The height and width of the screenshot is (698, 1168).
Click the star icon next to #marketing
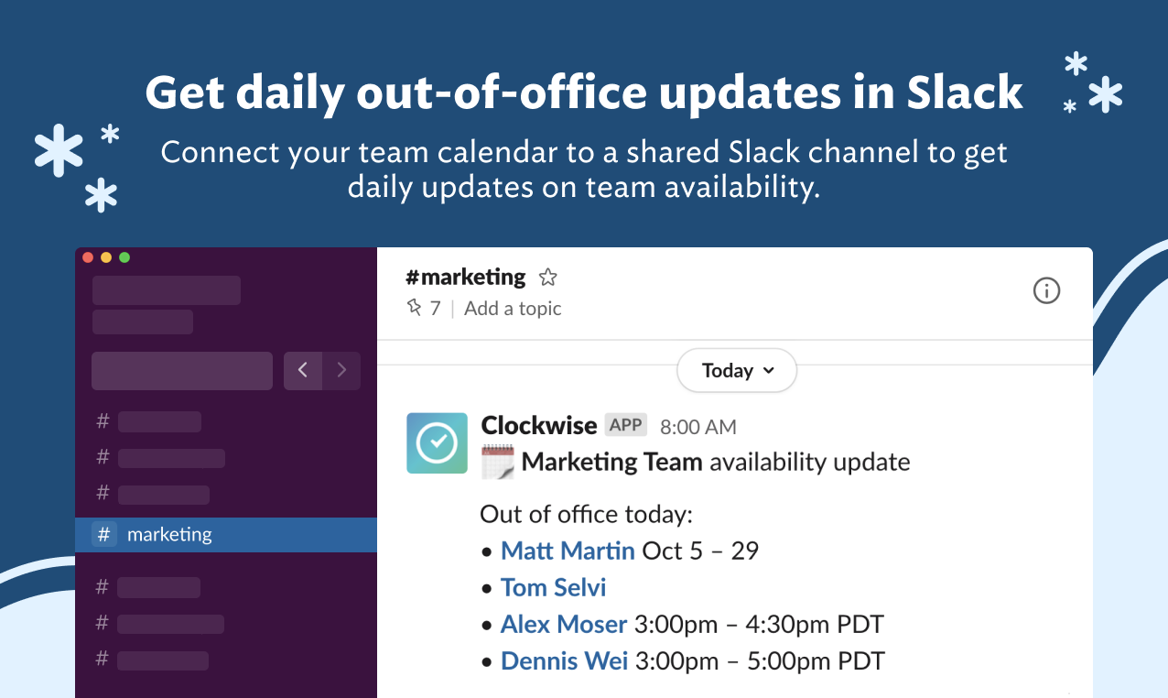[x=547, y=278]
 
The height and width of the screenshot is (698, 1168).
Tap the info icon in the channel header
[x=1046, y=290]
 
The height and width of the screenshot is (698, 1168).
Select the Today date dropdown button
[x=737, y=371]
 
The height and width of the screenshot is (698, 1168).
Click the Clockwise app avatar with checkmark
[x=437, y=443]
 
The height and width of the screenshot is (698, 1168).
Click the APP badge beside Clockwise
[x=626, y=425]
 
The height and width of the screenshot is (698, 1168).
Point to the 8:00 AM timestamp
[x=698, y=427]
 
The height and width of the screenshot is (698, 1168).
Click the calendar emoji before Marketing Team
[x=498, y=462]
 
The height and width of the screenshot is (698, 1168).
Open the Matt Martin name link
[x=568, y=551]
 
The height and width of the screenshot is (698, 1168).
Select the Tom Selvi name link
[x=553, y=587]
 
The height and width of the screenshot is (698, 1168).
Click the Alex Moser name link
[x=563, y=625]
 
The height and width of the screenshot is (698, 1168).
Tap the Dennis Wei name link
[x=564, y=661]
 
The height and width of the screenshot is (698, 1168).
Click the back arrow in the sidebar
[x=303, y=371]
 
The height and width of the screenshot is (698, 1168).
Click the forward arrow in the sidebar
[x=341, y=371]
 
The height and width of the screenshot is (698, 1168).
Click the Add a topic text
[x=513, y=309]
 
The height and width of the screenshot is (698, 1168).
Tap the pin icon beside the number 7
[x=415, y=308]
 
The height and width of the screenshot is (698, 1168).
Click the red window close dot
[x=88, y=257]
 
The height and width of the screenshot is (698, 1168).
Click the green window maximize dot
[x=124, y=257]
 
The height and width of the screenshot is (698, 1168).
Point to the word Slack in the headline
[x=964, y=93]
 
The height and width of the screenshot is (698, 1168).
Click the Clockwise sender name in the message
[x=538, y=425]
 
